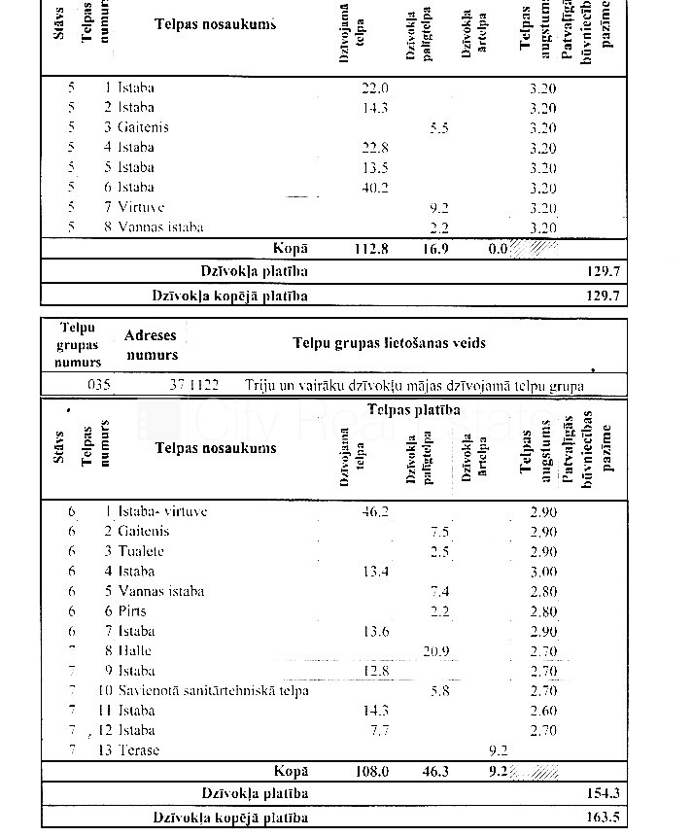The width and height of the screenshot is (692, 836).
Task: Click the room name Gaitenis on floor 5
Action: click(143, 127)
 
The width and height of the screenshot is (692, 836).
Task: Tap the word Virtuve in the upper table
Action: click(141, 207)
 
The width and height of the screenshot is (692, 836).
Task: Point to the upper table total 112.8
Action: click(370, 248)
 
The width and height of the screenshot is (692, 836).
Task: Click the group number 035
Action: click(99, 385)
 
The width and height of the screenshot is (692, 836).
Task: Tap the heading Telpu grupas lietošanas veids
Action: click(390, 343)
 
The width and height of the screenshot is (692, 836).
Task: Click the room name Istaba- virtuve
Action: click(162, 511)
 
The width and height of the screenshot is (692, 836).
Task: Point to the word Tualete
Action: click(141, 551)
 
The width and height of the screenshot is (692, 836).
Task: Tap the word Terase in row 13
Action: click(139, 749)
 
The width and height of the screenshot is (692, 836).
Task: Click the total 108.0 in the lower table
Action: click(370, 771)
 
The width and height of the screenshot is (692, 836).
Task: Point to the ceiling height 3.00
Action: click(543, 572)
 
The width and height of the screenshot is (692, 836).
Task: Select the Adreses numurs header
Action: click(152, 345)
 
